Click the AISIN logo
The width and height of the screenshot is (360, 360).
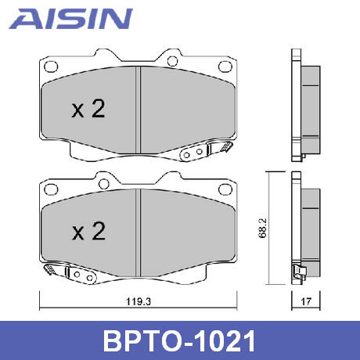[71, 19]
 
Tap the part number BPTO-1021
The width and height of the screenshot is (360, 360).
[179, 341]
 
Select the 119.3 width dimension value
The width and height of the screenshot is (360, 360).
[139, 302]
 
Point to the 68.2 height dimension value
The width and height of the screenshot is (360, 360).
[262, 228]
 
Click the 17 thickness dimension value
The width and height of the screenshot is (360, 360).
[306, 301]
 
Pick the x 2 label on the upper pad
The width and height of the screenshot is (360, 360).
[88, 109]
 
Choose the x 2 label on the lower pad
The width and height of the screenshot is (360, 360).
[88, 231]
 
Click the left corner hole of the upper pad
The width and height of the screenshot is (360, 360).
[51, 67]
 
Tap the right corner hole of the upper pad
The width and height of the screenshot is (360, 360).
[225, 67]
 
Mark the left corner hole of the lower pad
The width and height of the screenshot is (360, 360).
[51, 189]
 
